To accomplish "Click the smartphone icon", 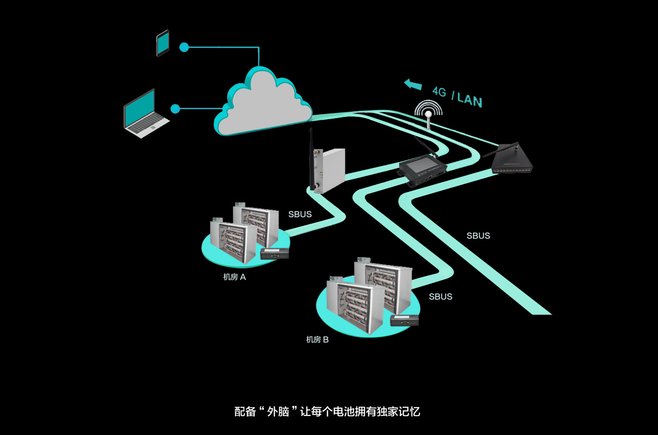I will coord(163,43).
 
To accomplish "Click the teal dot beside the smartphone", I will coord(184,47).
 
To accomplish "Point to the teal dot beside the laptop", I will coord(175,109).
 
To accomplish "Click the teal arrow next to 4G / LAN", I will coord(413,84).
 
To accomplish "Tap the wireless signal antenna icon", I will coord(428,112).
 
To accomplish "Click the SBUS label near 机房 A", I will coord(300,214).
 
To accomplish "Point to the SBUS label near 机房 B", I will coord(440,297).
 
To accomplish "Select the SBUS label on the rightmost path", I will coord(478,236).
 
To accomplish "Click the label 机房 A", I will coord(235,277).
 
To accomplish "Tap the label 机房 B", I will coord(317,340).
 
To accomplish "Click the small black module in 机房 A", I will coord(274,253).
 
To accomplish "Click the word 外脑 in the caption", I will coord(278,411).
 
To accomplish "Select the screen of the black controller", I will coord(419,166).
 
